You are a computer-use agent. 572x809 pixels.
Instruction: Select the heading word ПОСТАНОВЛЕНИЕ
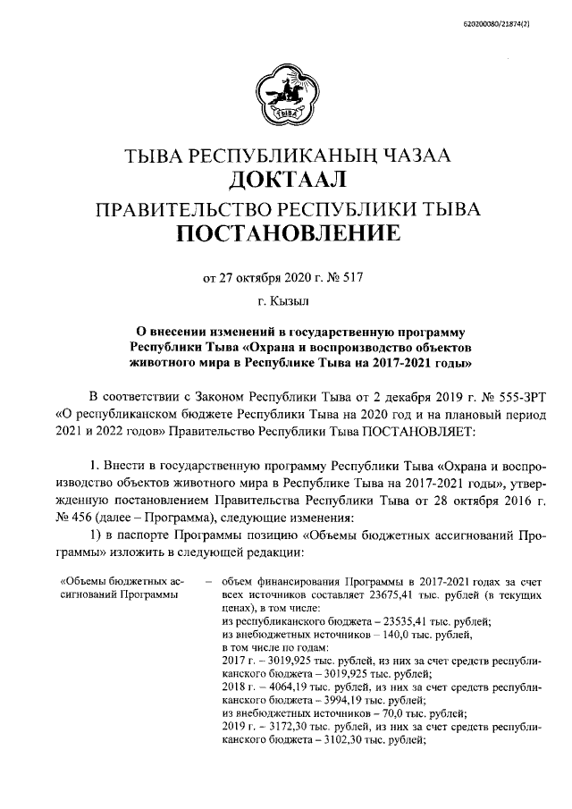[286, 236]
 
